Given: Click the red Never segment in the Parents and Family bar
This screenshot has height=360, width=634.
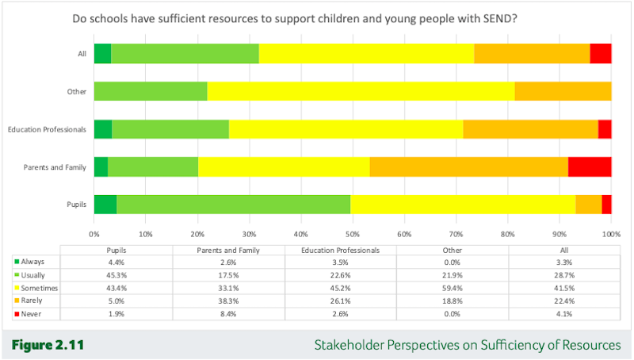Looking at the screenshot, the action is pos(590,167).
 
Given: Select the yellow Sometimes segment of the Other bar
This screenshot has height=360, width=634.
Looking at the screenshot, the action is pos(361,91).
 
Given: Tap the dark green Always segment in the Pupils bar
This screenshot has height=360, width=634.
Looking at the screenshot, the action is pos(105,205).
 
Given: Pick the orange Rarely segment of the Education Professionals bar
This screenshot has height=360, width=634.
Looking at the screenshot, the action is pos(530,129).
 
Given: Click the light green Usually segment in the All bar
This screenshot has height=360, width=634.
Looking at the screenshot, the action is pos(185,53).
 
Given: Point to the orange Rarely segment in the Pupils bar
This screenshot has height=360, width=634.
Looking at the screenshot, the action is pos(589,205).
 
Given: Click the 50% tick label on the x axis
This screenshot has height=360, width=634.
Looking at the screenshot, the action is pos(353,234).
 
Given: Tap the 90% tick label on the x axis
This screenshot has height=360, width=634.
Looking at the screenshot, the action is pos(560,234).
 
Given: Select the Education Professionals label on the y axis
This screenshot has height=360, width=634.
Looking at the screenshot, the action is pos(47,129).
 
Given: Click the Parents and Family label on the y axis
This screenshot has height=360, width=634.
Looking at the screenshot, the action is pos(55,167).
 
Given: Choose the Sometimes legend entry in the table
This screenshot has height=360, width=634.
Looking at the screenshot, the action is pos(36,288).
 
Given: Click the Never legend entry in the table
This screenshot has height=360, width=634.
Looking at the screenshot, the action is pos(28,314).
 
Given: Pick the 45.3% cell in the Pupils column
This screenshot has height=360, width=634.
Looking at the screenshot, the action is pos(116,275).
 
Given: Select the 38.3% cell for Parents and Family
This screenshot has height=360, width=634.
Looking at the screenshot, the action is pos(228,301).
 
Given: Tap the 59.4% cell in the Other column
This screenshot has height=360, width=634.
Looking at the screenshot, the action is pos(452,288).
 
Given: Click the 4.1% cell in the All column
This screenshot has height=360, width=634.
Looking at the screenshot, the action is pos(564,314).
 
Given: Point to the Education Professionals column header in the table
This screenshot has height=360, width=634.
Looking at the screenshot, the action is pos(341,251).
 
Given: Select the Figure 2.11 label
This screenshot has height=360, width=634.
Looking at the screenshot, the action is pos(48,345).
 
